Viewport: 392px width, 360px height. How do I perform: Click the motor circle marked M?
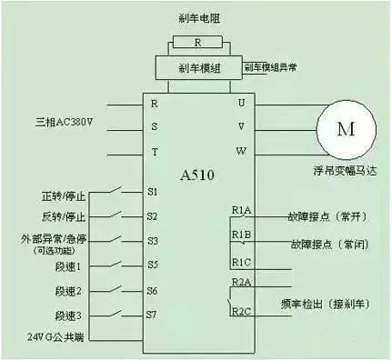pos(346,128)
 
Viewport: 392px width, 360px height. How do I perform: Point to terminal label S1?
pos(153,192)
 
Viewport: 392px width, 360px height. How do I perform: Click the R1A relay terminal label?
pos(241,211)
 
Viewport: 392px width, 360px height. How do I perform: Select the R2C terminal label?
pos(241,312)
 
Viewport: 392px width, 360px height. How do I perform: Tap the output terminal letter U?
pos(241,103)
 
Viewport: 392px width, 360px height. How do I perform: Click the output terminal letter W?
pos(241,151)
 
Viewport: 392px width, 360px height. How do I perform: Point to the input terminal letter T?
pos(155,151)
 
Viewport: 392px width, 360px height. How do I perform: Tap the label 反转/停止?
pos(63,217)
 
